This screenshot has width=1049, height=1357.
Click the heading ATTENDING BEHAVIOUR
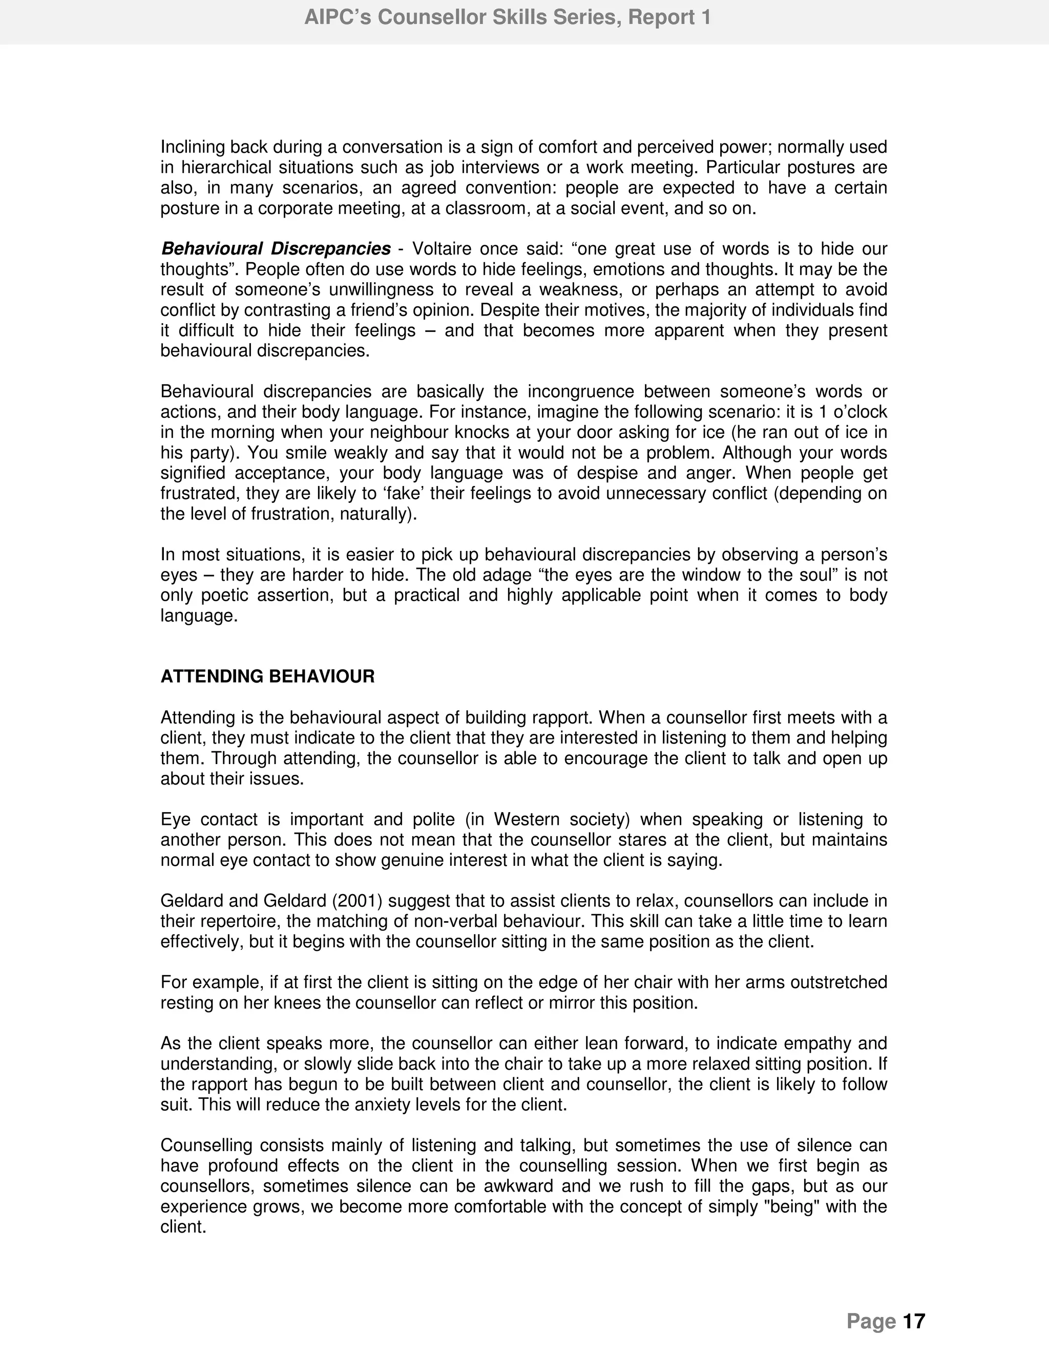click(x=267, y=676)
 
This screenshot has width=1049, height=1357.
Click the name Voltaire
click(x=442, y=249)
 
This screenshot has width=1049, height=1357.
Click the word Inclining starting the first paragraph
click(x=193, y=147)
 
